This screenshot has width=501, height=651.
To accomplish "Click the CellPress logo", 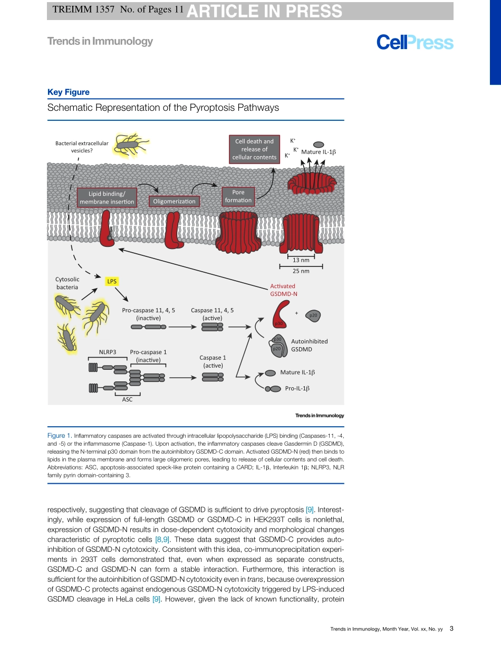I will pos(415,43).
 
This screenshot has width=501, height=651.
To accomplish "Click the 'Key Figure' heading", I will pos(69,92).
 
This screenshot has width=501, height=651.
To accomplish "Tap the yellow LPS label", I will pos(112,282).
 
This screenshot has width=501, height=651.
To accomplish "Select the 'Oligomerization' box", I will pos(174,201).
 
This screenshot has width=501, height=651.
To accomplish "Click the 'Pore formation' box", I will pos(238,196).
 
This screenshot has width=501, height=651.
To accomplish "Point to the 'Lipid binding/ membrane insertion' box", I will pos(107,198).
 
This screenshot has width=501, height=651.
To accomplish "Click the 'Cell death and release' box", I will pos(254,149).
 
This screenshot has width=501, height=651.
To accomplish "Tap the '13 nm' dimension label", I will pos(301,260).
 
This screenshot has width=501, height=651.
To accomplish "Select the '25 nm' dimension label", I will pos(301,271).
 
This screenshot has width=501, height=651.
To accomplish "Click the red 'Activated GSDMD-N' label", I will pos(283,290).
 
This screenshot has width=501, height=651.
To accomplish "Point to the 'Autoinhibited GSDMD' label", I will pos(309,345).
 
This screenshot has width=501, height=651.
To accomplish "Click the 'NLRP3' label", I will pos(108,352).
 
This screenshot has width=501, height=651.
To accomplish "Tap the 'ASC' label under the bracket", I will pos(127,399).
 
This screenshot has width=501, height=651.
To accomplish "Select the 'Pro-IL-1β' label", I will pos(297,388).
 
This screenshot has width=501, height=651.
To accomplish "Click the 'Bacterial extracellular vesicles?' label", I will pos(82,147).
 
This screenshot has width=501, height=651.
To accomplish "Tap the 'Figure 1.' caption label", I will pos(59,436).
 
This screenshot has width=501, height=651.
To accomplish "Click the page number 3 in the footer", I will pos(451,629).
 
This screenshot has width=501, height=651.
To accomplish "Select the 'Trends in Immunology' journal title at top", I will pos(100,41).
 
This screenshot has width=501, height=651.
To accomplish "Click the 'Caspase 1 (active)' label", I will pos(213,361).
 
